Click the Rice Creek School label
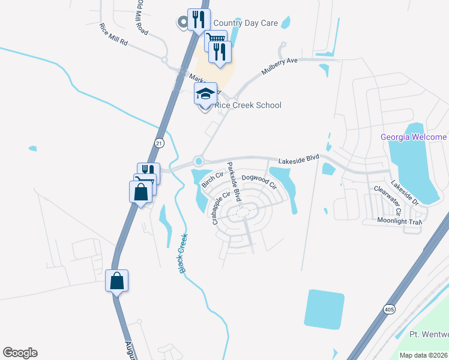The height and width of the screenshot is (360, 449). (x=248, y=106)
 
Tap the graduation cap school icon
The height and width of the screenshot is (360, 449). (x=205, y=95)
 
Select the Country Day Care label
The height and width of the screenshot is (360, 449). (x=245, y=23)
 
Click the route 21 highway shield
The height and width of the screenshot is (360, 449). (x=158, y=143)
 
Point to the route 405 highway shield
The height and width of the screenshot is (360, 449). (x=390, y=308)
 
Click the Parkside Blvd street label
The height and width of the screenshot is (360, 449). (x=234, y=181)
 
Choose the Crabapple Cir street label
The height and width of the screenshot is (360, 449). (x=221, y=208)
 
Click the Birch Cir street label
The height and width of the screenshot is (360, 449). (x=212, y=179)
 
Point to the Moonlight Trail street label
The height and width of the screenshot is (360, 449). (x=400, y=221)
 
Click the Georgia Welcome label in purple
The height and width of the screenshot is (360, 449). (x=414, y=137)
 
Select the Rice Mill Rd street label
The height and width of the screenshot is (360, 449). (x=114, y=35)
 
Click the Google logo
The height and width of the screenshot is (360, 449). (x=20, y=353)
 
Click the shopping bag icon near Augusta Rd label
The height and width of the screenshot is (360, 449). (x=116, y=280)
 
